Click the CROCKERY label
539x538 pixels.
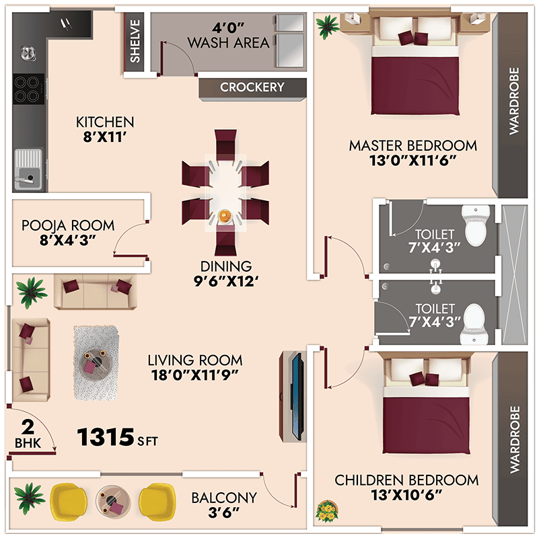(x=252, y=87)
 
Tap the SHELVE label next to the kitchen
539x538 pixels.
(x=135, y=41)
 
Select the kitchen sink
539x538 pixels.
(x=28, y=169)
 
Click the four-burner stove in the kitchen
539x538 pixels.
(x=28, y=89)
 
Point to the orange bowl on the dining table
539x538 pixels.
(x=225, y=217)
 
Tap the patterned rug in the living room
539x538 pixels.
(x=96, y=363)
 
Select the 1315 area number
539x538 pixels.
(x=105, y=437)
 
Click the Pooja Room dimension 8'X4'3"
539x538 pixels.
(x=67, y=241)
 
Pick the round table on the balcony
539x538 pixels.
(x=112, y=500)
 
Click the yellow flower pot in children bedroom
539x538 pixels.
(x=326, y=511)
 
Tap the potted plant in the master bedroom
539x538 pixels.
(x=327, y=26)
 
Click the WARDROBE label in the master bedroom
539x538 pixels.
(x=514, y=101)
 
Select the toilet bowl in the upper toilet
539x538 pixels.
(x=476, y=225)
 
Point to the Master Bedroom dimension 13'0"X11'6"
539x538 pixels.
(x=413, y=161)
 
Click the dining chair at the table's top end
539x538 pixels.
(x=225, y=144)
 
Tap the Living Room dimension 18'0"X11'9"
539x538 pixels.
(x=195, y=375)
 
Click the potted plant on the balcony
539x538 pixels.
(x=30, y=498)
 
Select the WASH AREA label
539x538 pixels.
(x=228, y=42)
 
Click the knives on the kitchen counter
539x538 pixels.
(x=66, y=24)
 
